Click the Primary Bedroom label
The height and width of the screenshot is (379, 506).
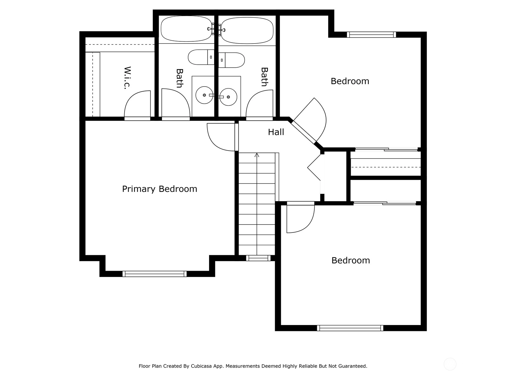pos(159,189)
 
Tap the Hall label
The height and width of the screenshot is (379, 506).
pos(276,132)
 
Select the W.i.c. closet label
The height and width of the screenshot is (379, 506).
pos(127,78)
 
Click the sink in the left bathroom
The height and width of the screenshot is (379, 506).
pos(204,95)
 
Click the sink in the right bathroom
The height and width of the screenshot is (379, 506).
pos(228,97)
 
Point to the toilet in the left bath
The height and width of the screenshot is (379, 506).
pos(201,57)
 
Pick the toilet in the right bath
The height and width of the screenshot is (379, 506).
pos(231,60)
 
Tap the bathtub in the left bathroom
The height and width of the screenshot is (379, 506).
pos(186,29)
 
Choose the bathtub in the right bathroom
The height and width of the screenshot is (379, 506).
pos(247,30)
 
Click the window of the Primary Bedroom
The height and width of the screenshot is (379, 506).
pos(154,274)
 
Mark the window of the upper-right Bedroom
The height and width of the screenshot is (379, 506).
pos(371,34)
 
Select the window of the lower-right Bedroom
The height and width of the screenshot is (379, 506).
pos(350,328)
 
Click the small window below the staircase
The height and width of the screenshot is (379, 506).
pos(258,258)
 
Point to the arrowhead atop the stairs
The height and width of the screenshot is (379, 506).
pos(257,155)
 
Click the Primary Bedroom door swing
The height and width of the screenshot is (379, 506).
pos(221,137)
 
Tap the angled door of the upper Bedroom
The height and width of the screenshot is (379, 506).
pos(310,120)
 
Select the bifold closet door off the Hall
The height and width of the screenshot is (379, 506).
pos(314,167)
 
